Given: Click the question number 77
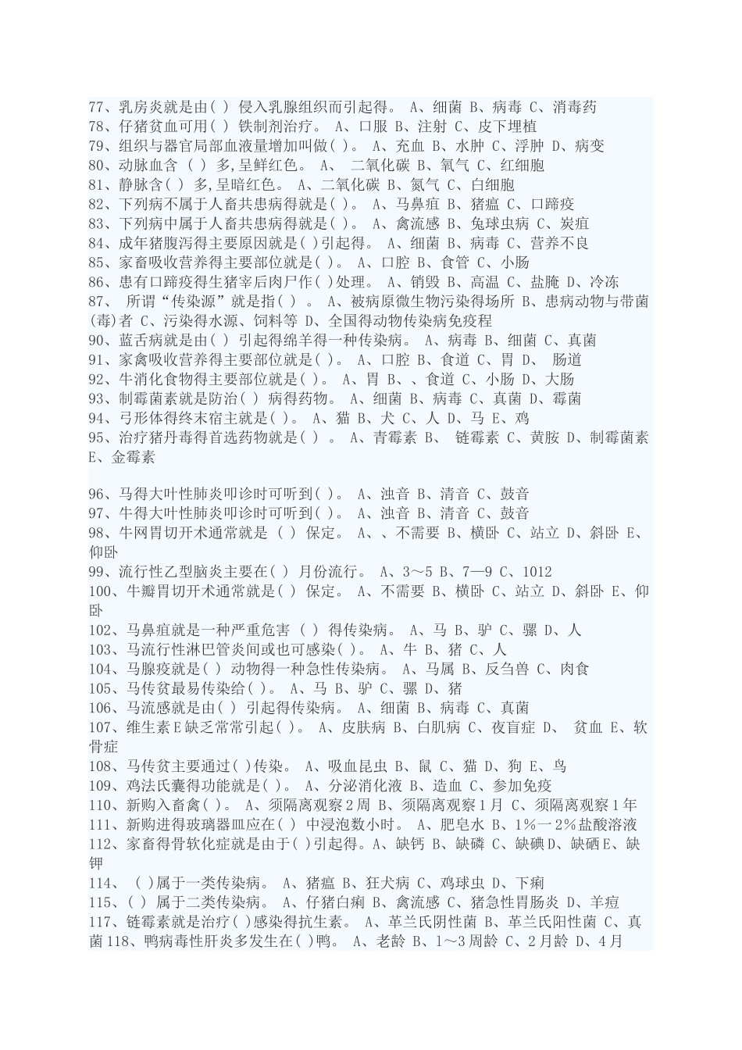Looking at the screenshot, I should [97, 107].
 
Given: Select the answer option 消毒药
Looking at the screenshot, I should [574, 107].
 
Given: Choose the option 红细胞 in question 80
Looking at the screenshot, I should [521, 166].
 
